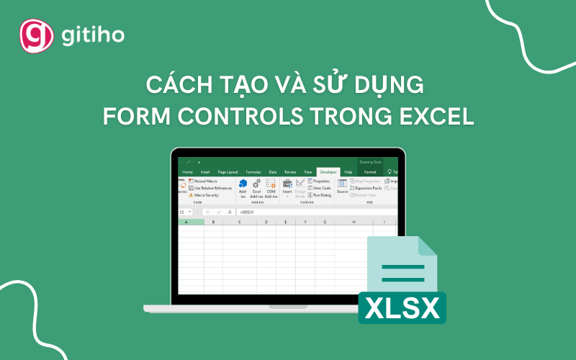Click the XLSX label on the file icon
pyautogui.click(x=402, y=309)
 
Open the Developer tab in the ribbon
pyautogui.click(x=328, y=172)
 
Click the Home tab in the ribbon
pyautogui.click(x=188, y=172)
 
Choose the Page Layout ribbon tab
pyautogui.click(x=228, y=172)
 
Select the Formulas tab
pyautogui.click(x=253, y=172)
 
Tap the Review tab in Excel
pyautogui.click(x=290, y=172)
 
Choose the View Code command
pyautogui.click(x=320, y=188)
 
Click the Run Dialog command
pyautogui.click(x=321, y=195)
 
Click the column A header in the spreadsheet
pyautogui.click(x=187, y=222)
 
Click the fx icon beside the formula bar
pyautogui.click(x=230, y=212)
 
